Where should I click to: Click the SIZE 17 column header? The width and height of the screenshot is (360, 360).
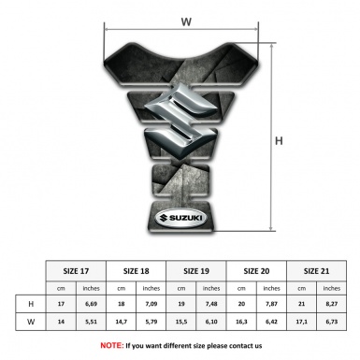[76, 271]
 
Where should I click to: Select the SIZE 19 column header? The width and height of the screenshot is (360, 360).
[196, 271]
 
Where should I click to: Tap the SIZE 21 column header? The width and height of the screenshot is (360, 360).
[316, 271]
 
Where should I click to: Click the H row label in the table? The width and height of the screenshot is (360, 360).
[31, 304]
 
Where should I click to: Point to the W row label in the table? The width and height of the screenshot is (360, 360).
[31, 322]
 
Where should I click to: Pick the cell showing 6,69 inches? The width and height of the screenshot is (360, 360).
[91, 304]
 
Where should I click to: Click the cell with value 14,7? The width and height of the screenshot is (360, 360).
[122, 322]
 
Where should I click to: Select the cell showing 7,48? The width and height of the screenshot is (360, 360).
[211, 304]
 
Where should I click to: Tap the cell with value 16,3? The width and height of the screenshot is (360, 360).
[241, 322]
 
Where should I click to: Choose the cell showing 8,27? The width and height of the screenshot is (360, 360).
[332, 304]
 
